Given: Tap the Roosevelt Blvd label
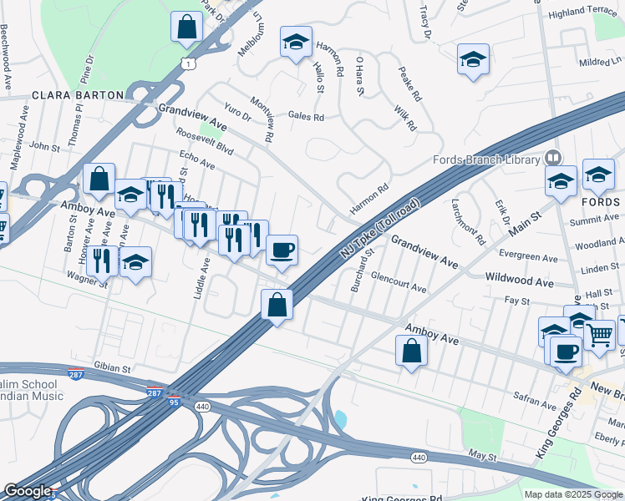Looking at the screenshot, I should click(x=204, y=141).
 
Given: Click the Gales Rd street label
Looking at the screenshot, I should click(x=305, y=117).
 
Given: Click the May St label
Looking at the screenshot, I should click(x=482, y=457).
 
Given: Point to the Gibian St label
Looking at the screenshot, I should click(x=114, y=367).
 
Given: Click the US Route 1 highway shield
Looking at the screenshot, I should click(x=191, y=63).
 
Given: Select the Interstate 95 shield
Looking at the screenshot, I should click(x=173, y=402).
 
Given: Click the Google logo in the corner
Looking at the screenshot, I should click(x=28, y=491).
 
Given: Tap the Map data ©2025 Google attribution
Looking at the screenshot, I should click(x=572, y=494).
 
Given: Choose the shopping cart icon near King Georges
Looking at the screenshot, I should click(x=599, y=335).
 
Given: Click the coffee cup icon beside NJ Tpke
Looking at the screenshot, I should click(x=282, y=249).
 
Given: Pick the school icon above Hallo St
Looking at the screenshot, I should click(x=295, y=43).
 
